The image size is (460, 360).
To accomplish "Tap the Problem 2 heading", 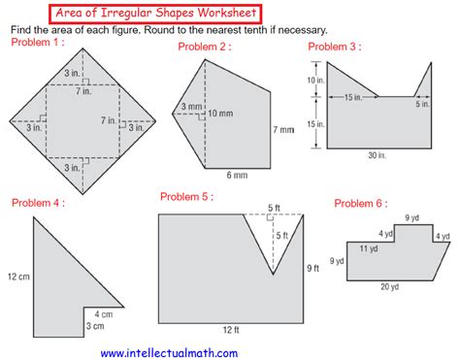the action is tap(203, 47).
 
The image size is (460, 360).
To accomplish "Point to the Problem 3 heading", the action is tap(335, 46).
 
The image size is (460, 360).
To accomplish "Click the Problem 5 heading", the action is tap(187, 197).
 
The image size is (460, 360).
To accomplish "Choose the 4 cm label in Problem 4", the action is tap(104, 314).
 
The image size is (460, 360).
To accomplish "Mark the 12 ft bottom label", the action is tap(229, 330).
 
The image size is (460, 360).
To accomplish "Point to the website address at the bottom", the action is tap(169, 353).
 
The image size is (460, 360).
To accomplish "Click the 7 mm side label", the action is tap(283, 129).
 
